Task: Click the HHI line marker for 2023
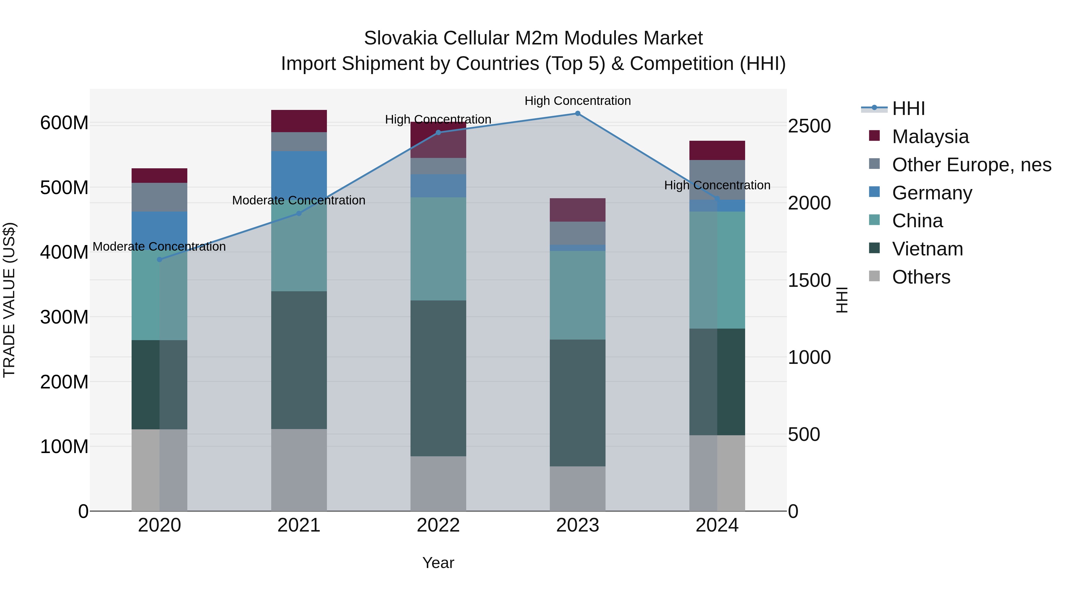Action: coord(577,113)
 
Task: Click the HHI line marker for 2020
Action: coord(159,260)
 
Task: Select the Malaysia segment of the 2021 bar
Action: coord(299,121)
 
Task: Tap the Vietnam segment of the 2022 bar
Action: coord(438,378)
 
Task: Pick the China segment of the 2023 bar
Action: coord(577,295)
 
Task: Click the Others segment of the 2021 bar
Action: coord(299,470)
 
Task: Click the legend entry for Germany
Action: coord(932,193)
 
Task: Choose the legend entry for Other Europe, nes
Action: coord(971,165)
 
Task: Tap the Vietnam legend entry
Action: coord(927,249)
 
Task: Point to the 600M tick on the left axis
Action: coord(64,123)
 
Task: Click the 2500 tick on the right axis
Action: coord(809,126)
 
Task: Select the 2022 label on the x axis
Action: coord(438,525)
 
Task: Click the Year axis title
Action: coord(438,563)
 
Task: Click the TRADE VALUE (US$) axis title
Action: coord(9,300)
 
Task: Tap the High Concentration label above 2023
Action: coord(577,101)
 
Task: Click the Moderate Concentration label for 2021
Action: coord(299,200)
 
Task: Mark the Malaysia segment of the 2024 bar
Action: coord(717,150)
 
